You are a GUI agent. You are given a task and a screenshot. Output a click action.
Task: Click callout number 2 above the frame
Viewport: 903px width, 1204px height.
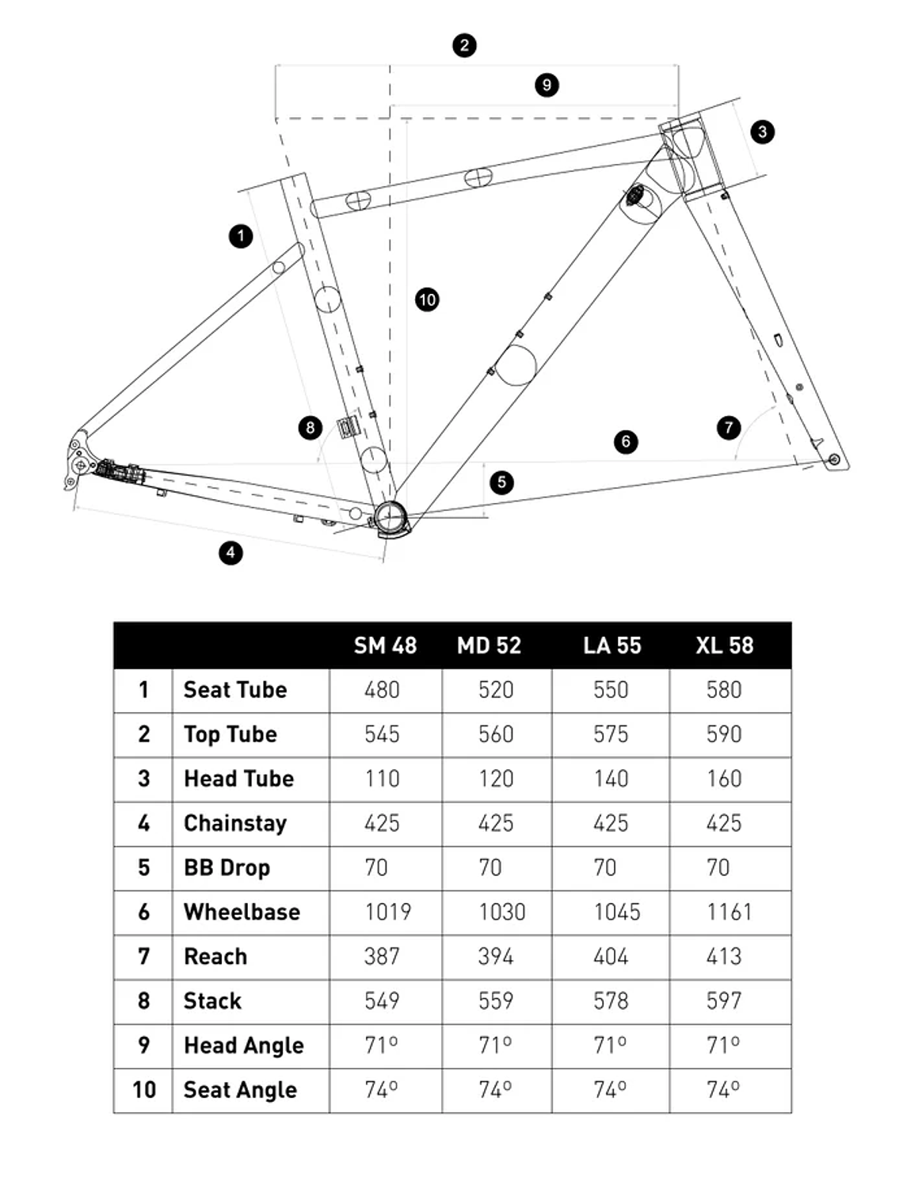(x=464, y=45)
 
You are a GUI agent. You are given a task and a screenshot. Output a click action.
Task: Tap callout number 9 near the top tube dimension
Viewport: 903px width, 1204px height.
(x=547, y=85)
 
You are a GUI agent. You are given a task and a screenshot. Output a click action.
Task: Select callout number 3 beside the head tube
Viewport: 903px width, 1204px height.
(x=762, y=131)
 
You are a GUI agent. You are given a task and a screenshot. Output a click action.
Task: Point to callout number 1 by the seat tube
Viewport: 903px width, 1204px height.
(x=241, y=236)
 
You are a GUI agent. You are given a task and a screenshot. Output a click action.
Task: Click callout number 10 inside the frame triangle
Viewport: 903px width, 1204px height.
(x=427, y=299)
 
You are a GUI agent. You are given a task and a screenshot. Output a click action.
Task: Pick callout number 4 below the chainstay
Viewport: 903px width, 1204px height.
(x=231, y=552)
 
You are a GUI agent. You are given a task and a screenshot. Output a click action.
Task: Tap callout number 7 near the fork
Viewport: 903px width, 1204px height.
(x=728, y=428)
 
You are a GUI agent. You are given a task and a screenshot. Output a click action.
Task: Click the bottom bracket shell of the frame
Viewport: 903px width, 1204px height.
(x=390, y=517)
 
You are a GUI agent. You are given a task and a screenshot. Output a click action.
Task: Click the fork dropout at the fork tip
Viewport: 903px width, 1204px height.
(x=833, y=459)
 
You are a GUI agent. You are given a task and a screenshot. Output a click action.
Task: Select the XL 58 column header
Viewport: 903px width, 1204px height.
(x=724, y=646)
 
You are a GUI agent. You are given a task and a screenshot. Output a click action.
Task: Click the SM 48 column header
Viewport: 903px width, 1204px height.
(x=385, y=646)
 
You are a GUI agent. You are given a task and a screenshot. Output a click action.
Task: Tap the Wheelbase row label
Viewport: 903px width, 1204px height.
(x=242, y=912)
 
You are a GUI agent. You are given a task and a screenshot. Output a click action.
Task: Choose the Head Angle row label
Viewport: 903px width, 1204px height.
(x=243, y=1046)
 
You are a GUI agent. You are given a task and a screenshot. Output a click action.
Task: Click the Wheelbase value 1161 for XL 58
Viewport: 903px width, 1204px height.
(x=729, y=912)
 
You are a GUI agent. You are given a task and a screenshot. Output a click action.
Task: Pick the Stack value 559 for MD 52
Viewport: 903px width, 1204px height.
(x=496, y=1001)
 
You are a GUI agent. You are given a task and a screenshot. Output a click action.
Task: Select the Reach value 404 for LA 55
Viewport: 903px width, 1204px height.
(x=611, y=957)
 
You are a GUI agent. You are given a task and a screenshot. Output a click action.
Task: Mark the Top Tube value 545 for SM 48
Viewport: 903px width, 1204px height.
(x=382, y=734)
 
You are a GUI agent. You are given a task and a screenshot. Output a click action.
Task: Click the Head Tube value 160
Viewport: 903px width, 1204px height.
(x=724, y=779)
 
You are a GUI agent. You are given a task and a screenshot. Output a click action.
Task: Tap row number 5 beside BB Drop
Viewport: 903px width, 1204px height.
(x=143, y=867)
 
